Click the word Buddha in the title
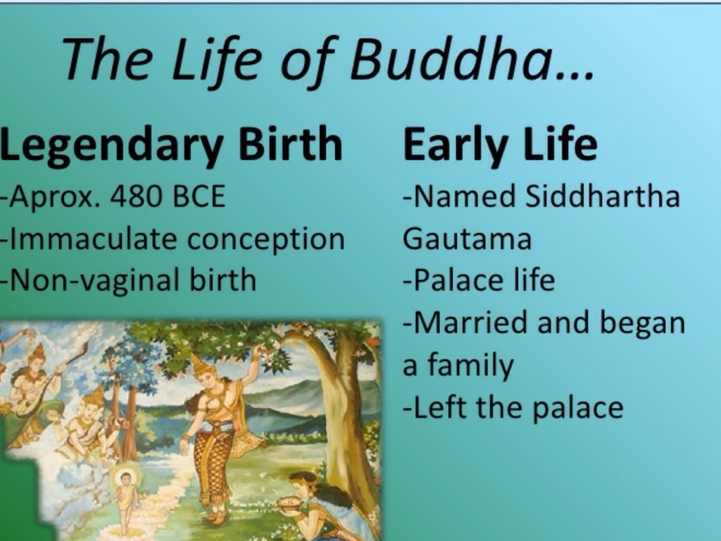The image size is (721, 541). (451, 59)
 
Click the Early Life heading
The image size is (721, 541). (500, 145)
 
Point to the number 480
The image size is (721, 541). (137, 197)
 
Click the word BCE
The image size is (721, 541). (199, 197)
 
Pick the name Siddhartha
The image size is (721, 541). (602, 197)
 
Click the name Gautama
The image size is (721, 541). (468, 240)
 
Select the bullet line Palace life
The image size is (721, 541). (479, 280)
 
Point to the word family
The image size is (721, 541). (470, 366)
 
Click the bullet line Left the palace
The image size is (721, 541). (513, 408)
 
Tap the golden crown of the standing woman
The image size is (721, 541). (199, 363)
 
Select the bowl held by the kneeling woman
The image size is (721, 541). (288, 501)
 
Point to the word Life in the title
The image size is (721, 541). (215, 60)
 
